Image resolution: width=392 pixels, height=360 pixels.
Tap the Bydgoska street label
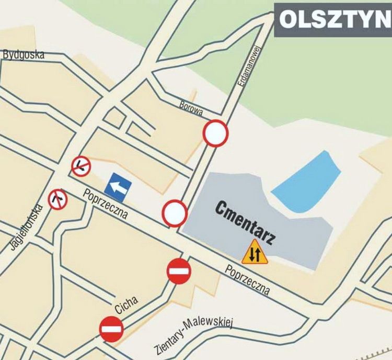(24, 54)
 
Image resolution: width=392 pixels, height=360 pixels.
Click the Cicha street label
(126, 305)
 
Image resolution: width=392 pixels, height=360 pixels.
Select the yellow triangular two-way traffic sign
(255, 253)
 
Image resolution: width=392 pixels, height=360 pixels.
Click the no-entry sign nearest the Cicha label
(112, 329)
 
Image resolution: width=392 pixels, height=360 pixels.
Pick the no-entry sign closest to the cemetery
(179, 271)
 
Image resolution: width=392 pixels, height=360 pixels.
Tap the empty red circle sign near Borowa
(216, 133)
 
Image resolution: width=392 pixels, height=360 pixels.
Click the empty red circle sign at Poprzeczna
(175, 213)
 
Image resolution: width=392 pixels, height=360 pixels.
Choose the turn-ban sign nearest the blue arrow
(81, 166)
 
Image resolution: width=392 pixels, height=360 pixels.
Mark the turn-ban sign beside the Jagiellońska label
(58, 199)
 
